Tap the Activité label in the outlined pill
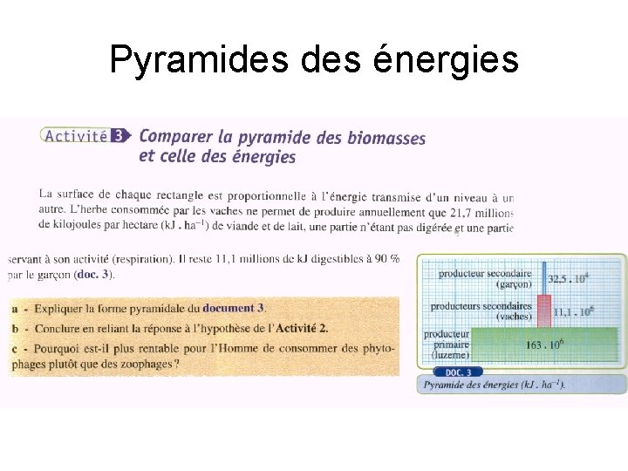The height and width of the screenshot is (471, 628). pos(76,135)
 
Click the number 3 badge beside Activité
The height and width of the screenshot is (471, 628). pos(119,135)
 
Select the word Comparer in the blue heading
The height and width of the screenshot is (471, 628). pos(174,137)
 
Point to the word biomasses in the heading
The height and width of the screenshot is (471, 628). pos(386,138)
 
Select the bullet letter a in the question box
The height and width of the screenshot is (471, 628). pos(17,308)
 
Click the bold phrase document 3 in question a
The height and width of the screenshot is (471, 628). pos(233,308)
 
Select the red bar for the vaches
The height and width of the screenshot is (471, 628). pos(543,310)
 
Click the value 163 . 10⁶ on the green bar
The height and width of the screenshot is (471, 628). pos(544,345)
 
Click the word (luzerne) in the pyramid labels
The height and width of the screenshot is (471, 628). pos(450,355)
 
